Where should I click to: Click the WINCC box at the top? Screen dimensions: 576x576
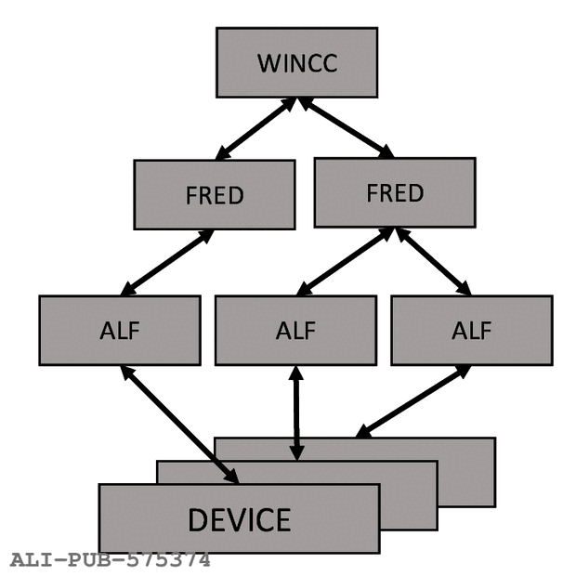click(296, 61)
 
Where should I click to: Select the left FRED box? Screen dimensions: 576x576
click(214, 194)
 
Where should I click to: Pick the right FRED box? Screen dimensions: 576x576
click(394, 192)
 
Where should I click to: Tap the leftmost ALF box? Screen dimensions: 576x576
click(119, 330)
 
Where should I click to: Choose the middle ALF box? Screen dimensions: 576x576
click(295, 330)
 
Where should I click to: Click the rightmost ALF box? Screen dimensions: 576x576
click(471, 330)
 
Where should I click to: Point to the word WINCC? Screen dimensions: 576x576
click(296, 63)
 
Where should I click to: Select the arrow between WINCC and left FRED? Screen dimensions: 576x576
click(255, 129)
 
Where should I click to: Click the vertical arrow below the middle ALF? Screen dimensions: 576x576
click(296, 412)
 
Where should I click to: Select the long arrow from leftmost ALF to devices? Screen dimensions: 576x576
click(178, 424)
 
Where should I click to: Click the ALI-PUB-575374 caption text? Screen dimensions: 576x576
click(110, 560)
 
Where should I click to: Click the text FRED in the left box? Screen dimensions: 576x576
click(214, 196)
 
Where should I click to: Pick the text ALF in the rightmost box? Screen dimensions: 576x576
click(471, 331)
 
